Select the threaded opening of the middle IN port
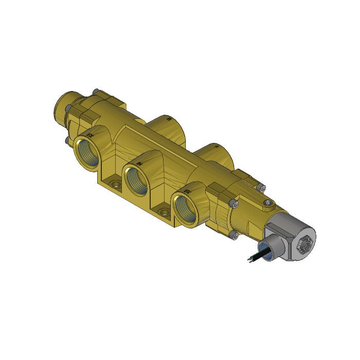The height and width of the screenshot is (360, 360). click(137, 178)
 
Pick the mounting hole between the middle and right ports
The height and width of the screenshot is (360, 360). click(165, 212)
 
